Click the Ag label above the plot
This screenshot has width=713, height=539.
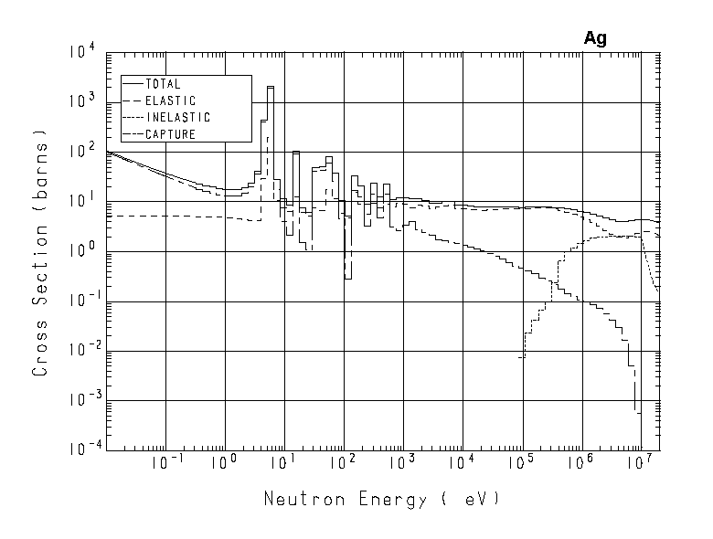595,39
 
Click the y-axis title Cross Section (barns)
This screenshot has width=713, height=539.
40,252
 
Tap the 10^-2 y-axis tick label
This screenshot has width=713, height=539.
79,351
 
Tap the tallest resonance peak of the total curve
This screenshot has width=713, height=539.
271,88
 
